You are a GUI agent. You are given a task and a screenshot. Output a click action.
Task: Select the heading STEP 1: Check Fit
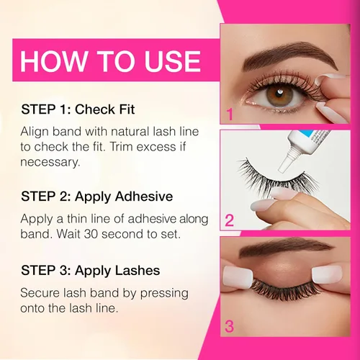pos(78,109)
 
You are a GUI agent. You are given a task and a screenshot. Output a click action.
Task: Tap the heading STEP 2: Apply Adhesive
pos(97,197)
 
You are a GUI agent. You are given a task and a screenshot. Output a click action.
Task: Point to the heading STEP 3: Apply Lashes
pos(91,271)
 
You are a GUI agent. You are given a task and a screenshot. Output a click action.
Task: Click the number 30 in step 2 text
pos(91,234)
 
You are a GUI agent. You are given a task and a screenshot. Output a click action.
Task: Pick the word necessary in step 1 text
pos(50,162)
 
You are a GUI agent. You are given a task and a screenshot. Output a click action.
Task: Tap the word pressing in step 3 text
pos(164,294)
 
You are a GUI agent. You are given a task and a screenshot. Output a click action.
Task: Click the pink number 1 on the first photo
pos(230,114)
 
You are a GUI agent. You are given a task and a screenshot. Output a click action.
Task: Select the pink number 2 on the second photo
pos(229,220)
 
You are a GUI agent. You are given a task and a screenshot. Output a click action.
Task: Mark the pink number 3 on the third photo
pos(229,327)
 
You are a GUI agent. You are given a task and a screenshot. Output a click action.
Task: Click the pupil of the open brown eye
pos(279,94)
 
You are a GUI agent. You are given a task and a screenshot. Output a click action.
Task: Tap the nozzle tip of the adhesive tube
pos(282,169)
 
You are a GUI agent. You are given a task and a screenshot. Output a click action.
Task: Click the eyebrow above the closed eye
pos(286,248)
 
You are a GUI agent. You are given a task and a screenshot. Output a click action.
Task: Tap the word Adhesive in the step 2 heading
pos(144,197)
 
